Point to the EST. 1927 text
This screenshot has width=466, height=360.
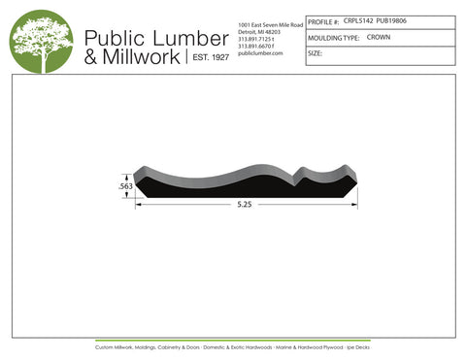point(208,58)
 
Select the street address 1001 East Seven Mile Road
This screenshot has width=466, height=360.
point(271,23)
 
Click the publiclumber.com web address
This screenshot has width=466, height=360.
point(259,53)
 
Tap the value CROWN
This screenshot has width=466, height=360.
point(379,37)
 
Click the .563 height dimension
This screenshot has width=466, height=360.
point(125,184)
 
